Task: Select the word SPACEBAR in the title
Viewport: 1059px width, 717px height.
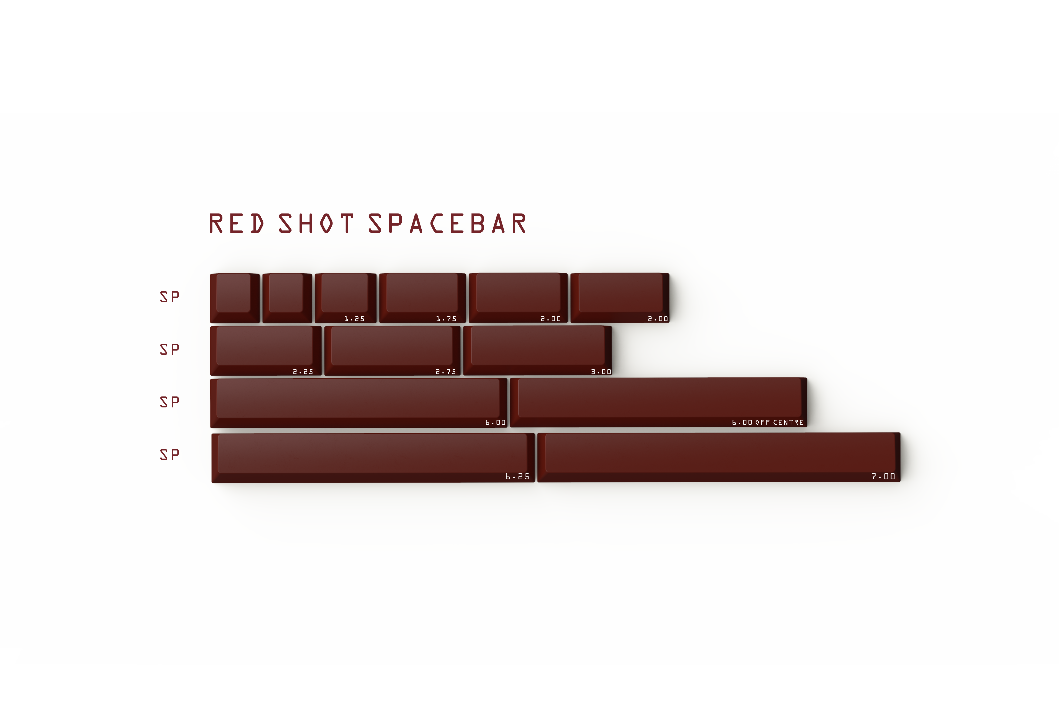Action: pyautogui.click(x=447, y=224)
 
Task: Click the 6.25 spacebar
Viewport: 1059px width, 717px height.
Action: pyautogui.click(x=373, y=457)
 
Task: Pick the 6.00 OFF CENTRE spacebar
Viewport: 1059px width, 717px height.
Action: pyautogui.click(x=659, y=402)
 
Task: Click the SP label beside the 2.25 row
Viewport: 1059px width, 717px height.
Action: pyautogui.click(x=169, y=349)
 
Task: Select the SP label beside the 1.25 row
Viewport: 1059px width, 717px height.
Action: pyautogui.click(x=169, y=297)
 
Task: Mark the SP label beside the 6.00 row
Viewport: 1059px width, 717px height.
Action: pyautogui.click(x=169, y=402)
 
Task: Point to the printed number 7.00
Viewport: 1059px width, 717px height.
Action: pyautogui.click(x=883, y=477)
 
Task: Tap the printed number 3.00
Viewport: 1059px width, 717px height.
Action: pyautogui.click(x=601, y=372)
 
